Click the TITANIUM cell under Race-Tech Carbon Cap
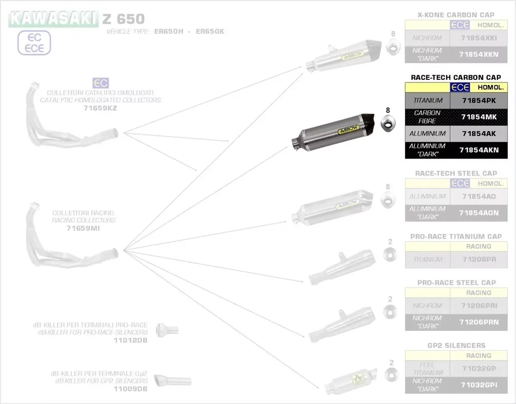pyautogui.click(x=428, y=100)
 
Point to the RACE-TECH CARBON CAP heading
pyautogui.click(x=456, y=77)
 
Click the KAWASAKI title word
pyautogui.click(x=53, y=19)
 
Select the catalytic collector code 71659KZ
pyautogui.click(x=101, y=108)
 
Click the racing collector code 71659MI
pyautogui.click(x=84, y=228)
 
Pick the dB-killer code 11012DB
pyautogui.click(x=131, y=341)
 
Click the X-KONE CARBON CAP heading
pyautogui.click(x=456, y=15)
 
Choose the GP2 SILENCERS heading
pyautogui.click(x=456, y=345)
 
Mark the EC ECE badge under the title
pyautogui.click(x=34, y=43)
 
